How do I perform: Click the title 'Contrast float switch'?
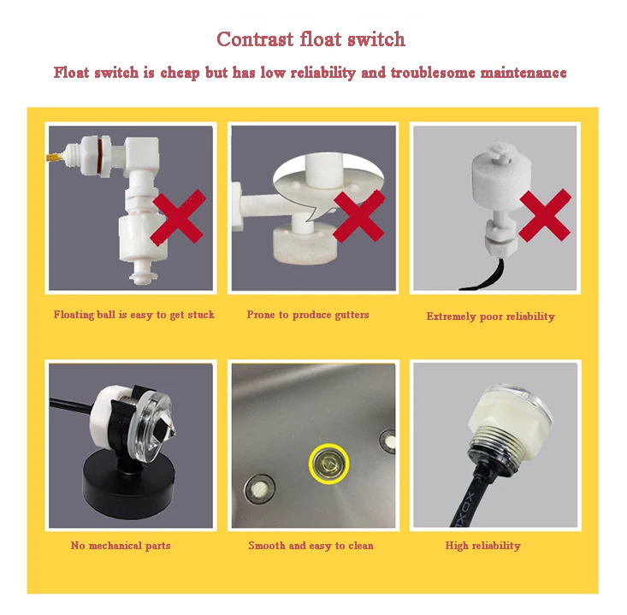311,39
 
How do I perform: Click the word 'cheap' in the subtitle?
180,74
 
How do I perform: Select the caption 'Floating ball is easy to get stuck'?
134,315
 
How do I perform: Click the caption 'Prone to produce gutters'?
307,315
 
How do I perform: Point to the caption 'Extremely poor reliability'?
491,316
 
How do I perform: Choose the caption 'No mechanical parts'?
121,546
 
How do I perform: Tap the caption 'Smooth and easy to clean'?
311,546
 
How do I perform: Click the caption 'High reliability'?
483,546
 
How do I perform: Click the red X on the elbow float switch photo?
178,216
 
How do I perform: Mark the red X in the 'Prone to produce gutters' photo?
358,216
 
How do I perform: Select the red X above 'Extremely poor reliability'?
545,216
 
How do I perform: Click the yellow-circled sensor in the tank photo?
328,464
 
